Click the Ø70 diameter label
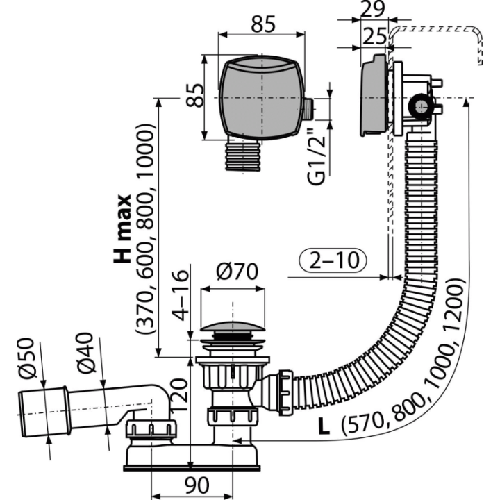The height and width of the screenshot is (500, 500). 237,272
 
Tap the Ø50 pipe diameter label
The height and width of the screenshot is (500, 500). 26,358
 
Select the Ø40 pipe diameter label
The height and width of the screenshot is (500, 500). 85,353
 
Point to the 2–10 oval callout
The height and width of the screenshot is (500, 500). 333,260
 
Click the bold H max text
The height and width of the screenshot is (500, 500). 122,228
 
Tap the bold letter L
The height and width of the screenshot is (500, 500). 324,426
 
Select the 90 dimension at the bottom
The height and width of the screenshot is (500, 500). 197,485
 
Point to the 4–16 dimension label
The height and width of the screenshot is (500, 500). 180,295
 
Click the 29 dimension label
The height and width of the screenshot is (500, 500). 373,9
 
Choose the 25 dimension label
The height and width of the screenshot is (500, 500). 375,36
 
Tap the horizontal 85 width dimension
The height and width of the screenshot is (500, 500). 262,24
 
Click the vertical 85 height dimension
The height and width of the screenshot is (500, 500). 195,95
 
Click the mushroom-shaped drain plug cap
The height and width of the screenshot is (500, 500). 233,328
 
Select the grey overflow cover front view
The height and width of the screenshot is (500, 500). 261,97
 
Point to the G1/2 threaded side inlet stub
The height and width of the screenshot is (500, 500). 308,110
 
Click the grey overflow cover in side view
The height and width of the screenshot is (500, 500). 374,95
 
